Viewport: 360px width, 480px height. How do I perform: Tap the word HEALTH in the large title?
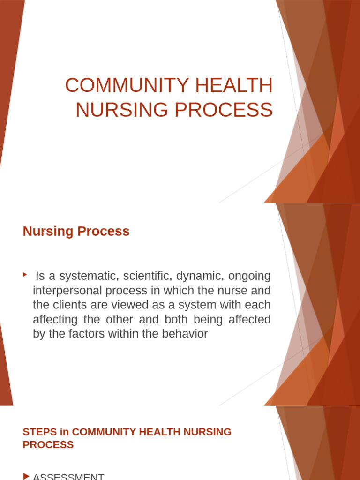239,86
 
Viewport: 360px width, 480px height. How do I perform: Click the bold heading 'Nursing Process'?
76,231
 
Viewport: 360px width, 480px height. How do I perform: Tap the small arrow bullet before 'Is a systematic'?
25,274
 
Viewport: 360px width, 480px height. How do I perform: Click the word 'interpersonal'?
67,291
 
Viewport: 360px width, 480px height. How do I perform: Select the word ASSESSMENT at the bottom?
68,476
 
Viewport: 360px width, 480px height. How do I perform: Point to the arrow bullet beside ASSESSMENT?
26,476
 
